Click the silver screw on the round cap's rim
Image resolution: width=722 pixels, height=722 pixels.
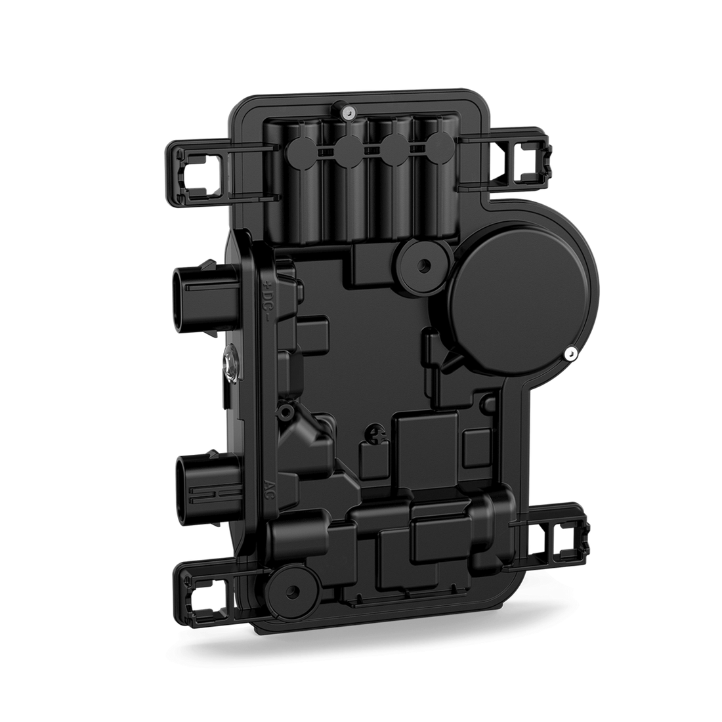coord(570,353)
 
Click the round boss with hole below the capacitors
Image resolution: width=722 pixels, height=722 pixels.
coord(424,264)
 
